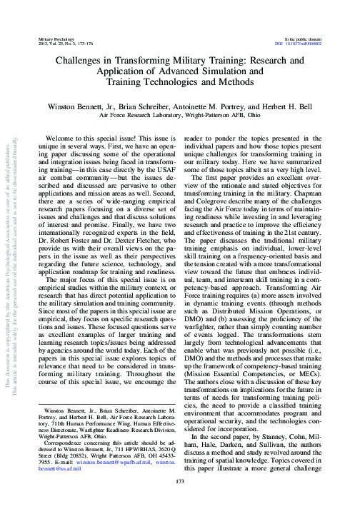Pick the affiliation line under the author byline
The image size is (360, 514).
click(179, 114)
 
